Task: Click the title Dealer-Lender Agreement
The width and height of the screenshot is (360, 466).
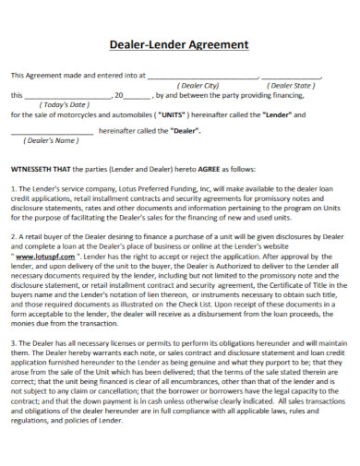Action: click(179, 43)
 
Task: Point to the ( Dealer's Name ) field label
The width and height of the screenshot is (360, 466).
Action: click(52, 140)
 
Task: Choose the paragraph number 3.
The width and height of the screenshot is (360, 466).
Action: click(13, 367)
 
